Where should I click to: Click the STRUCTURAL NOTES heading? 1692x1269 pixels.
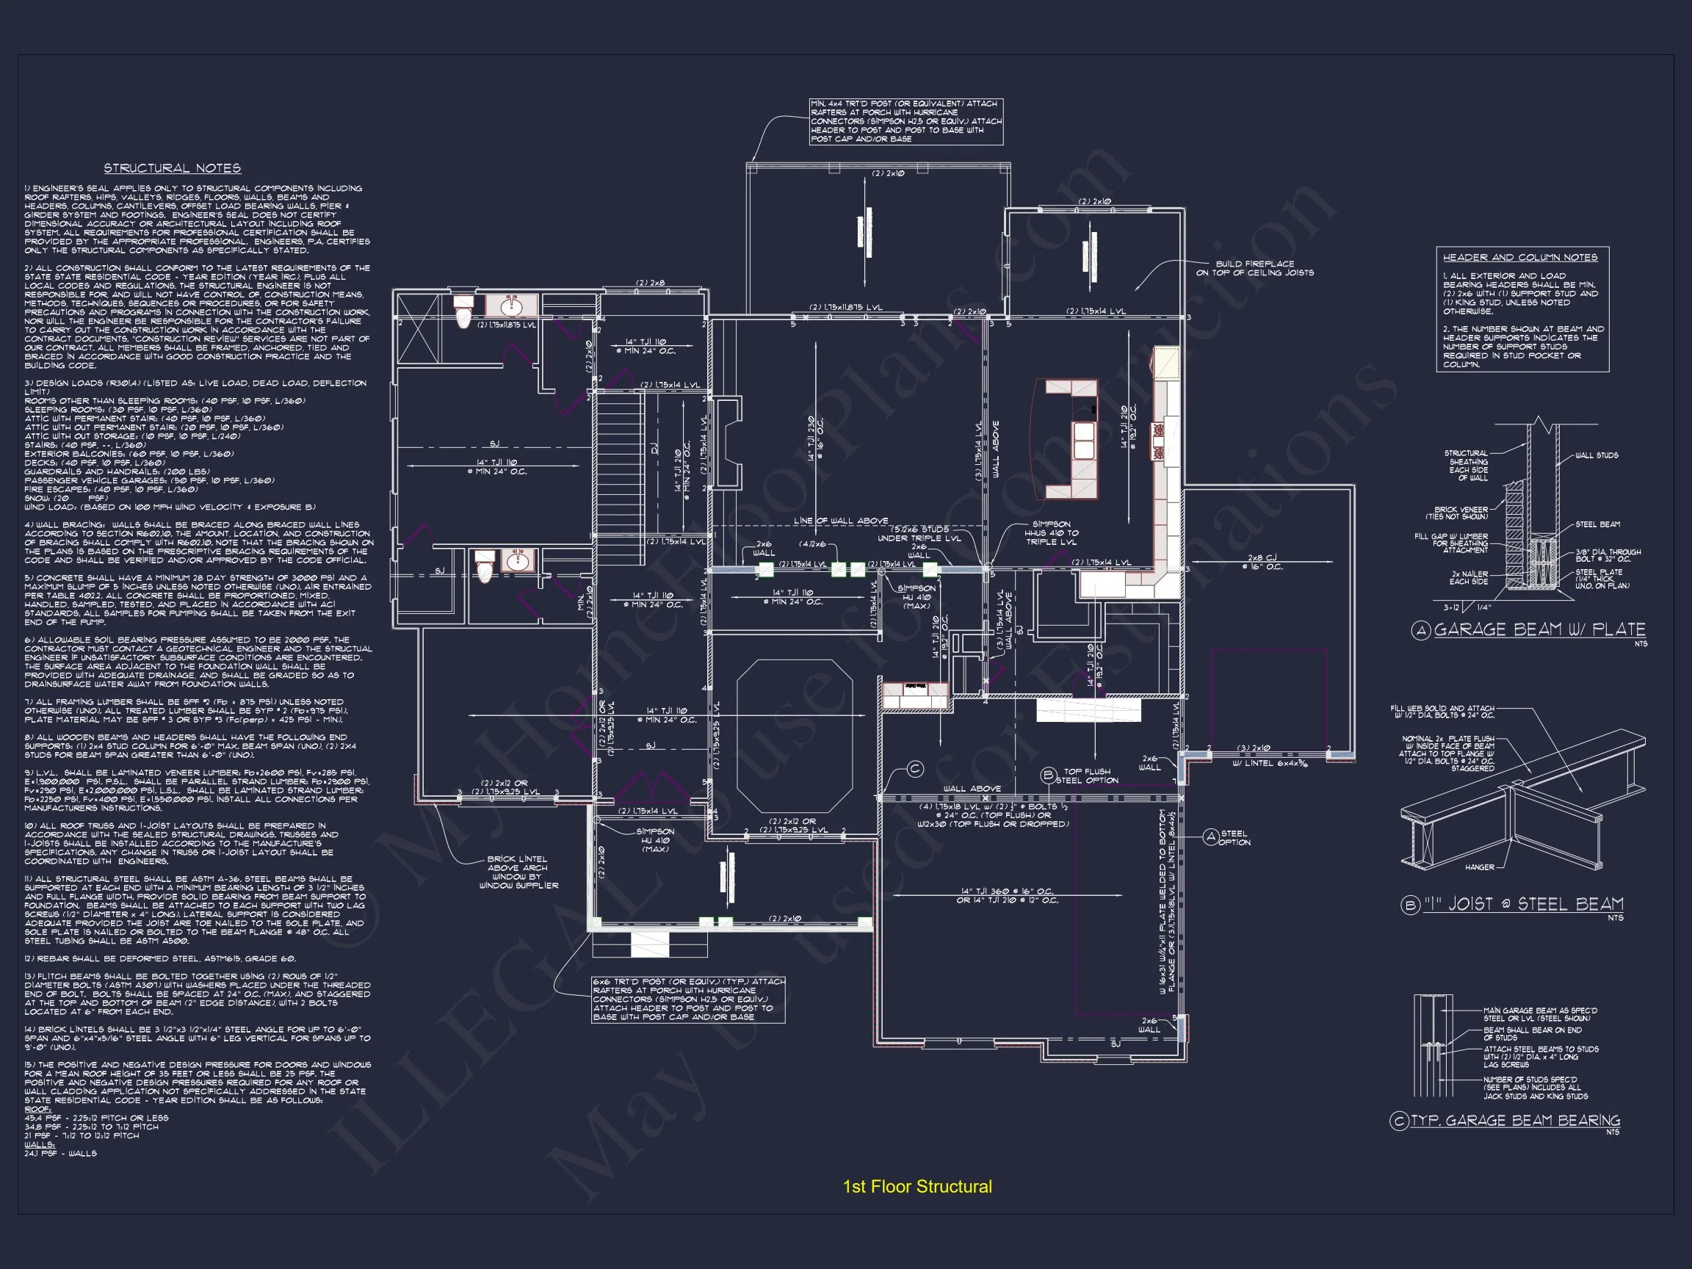(172, 168)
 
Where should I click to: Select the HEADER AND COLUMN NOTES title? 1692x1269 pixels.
(1520, 258)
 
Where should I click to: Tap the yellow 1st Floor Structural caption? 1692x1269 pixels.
(917, 1187)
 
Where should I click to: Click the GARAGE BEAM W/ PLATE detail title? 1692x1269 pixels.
(1539, 629)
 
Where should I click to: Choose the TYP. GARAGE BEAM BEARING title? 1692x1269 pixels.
(1514, 1121)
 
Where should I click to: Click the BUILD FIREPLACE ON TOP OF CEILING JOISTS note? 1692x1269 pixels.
(1254, 269)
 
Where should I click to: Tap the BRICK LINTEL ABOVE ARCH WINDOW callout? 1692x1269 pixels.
(518, 872)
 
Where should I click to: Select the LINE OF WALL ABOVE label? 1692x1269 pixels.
(841, 521)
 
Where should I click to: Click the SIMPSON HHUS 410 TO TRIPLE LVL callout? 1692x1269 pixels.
(1051, 533)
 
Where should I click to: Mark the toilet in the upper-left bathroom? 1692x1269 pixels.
(463, 313)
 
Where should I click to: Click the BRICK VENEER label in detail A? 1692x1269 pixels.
(1461, 513)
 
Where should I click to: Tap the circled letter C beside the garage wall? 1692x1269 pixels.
(915, 770)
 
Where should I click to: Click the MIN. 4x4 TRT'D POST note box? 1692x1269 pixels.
(905, 122)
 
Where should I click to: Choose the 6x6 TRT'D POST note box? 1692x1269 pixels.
(687, 999)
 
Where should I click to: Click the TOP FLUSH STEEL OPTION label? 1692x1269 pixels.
(1086, 775)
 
